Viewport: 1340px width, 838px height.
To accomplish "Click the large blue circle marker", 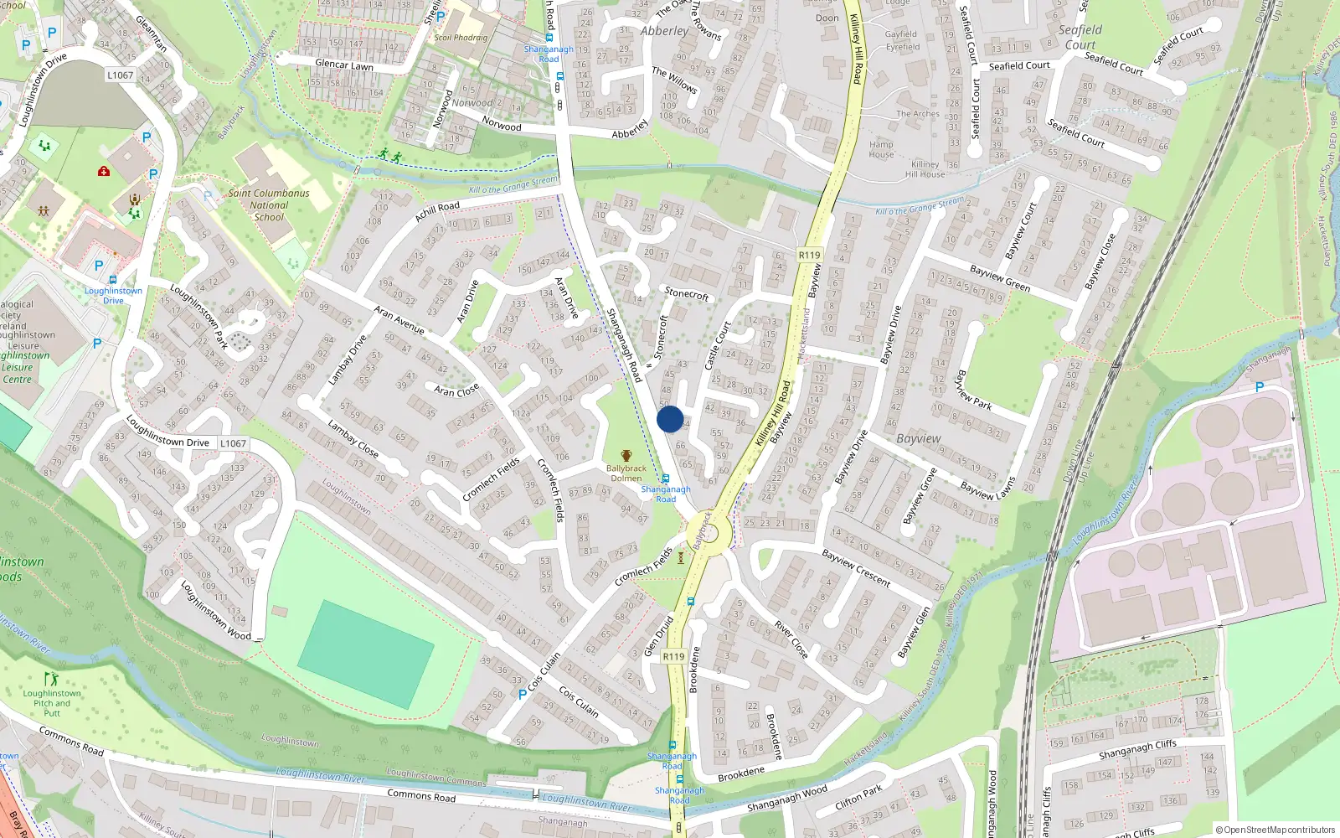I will tap(670, 419).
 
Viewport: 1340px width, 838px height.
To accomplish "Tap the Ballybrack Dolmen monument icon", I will tap(626, 455).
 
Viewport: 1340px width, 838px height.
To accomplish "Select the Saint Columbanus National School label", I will tap(269, 204).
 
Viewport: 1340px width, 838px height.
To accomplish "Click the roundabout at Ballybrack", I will tap(709, 533).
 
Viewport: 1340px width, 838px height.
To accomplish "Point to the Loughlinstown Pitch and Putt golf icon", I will tap(52, 679).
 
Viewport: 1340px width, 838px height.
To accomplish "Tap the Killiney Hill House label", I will tap(925, 169).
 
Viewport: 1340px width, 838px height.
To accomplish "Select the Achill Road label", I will tap(437, 211).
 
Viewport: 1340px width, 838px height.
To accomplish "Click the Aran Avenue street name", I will tap(399, 319).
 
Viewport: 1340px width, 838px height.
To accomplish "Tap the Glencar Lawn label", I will tap(344, 65).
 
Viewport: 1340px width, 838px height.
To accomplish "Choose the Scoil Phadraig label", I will tap(461, 38).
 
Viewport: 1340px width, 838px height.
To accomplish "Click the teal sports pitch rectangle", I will tap(366, 654).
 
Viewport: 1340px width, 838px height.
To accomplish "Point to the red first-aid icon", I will tap(104, 171).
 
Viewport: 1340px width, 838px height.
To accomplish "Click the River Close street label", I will tap(791, 639).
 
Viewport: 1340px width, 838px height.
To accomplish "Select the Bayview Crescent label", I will tap(856, 567).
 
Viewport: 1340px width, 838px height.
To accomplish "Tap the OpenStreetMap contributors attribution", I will tap(1276, 830).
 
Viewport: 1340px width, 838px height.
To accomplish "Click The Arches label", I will tap(918, 114).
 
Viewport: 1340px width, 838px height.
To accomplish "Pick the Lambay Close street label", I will tap(353, 439).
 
